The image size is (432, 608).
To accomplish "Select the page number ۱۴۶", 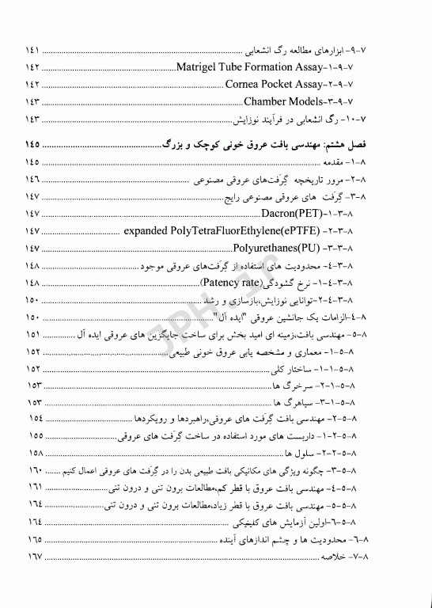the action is (32, 180).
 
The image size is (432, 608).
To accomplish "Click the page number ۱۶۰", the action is (32, 471).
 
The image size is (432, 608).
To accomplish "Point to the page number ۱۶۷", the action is (32, 557).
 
